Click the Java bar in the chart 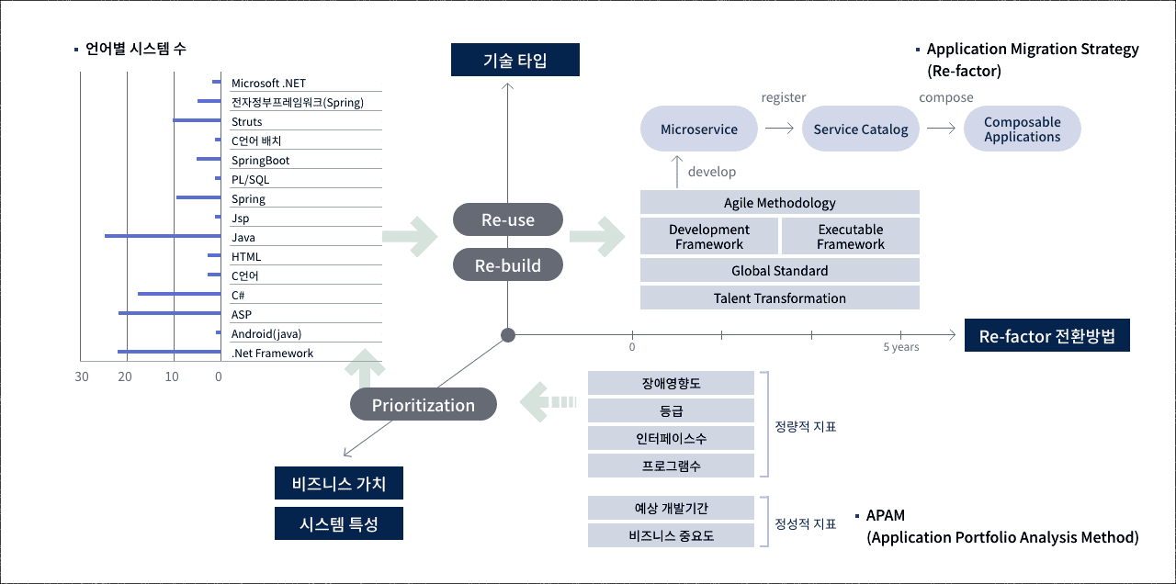click(163, 236)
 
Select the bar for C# click(179, 294)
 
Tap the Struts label click(247, 122)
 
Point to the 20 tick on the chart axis click(125, 376)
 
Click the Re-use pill click(508, 219)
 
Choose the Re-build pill click(508, 265)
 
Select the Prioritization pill click(424, 405)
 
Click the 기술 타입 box click(515, 60)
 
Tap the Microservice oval click(699, 129)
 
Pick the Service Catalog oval click(861, 129)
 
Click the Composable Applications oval click(1023, 129)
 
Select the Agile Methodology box click(780, 203)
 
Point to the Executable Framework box click(851, 237)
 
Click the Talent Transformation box click(780, 298)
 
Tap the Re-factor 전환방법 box click(1046, 336)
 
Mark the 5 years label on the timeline click(901, 347)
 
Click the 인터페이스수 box click(671, 438)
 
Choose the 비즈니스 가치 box click(339, 483)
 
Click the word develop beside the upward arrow click(712, 172)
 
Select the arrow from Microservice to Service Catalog click(779, 128)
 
